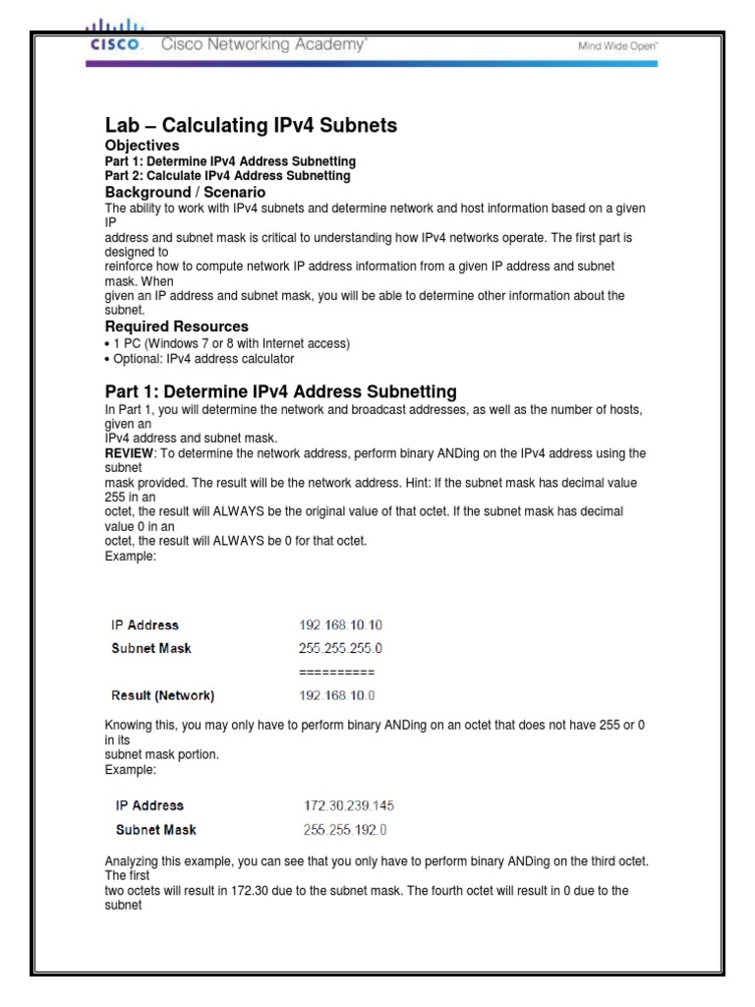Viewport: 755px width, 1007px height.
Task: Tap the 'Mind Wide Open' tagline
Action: (617, 45)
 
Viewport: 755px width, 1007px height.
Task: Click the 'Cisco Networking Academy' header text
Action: (263, 44)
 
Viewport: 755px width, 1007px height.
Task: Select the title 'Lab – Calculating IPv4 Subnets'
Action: (251, 125)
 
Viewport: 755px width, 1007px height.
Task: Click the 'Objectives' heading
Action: (143, 146)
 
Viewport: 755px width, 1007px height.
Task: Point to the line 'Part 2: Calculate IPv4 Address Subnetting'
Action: (227, 176)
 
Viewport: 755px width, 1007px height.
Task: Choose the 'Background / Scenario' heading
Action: (185, 192)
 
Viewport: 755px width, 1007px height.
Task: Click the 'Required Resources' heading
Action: (177, 326)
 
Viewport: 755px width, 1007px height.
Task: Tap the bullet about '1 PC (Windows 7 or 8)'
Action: (227, 343)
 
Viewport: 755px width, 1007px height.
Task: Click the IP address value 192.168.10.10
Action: (340, 624)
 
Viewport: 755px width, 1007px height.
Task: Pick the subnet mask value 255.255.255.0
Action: (340, 648)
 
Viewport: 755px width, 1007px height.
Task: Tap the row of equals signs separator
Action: (336, 672)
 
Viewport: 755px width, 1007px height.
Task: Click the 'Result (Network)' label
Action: (162, 695)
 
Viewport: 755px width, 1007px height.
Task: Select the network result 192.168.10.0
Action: (337, 695)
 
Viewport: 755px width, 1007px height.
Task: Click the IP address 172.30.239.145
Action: (349, 805)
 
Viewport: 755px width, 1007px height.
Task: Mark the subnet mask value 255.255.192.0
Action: (345, 829)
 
